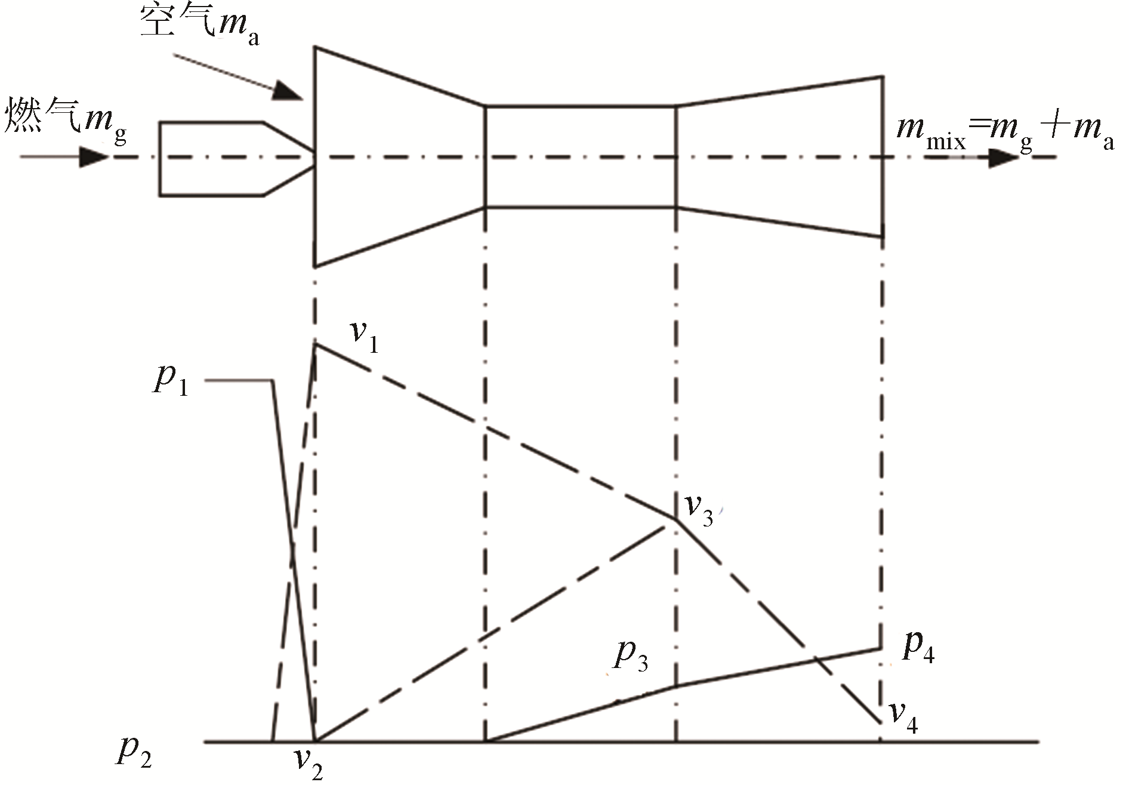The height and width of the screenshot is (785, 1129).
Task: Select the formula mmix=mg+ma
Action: [1005, 135]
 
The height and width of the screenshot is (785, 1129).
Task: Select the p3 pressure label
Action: [631, 654]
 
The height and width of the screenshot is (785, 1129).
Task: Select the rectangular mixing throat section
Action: [581, 157]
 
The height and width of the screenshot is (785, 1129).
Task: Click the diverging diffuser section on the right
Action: [780, 157]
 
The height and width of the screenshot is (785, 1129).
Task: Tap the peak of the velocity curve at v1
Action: [316, 344]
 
